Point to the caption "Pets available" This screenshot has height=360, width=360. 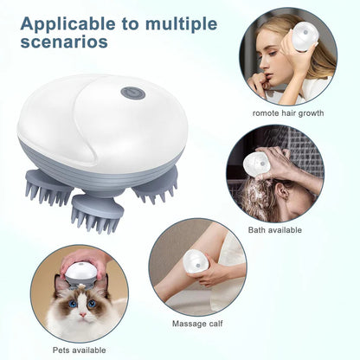(x=79, y=350)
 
